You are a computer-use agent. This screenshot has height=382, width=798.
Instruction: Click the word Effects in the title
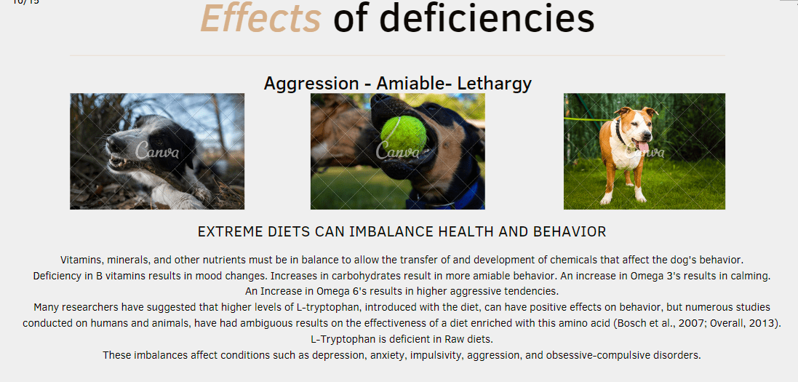pyautogui.click(x=260, y=18)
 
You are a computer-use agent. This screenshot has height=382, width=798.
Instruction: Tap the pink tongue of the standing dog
pyautogui.click(x=643, y=146)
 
